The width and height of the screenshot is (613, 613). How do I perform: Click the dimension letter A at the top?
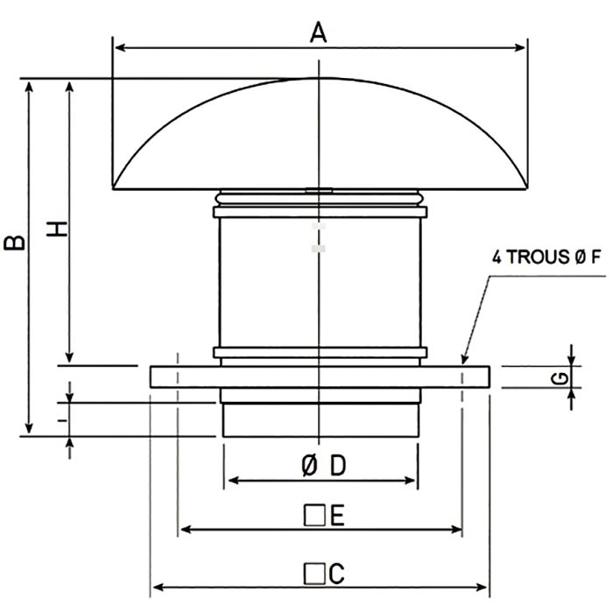pos(319,32)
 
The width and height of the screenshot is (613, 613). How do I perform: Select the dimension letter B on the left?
pos(15,243)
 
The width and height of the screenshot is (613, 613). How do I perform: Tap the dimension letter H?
pos(56,229)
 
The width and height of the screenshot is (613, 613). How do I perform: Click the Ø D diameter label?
pos(321,467)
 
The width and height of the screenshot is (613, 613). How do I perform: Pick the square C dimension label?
pos(321,574)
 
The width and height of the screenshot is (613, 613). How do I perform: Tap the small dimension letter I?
pos(60,419)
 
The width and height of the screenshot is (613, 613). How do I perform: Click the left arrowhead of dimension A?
pos(118,46)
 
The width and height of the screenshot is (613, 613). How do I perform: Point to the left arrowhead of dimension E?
pos(184,529)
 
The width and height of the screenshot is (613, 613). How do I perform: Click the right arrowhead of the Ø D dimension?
pos(412,480)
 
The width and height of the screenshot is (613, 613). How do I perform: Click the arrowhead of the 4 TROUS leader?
pos(465,358)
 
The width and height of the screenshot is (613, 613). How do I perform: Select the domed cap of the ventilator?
pos(320,140)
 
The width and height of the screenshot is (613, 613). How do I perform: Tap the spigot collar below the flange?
pos(320,419)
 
